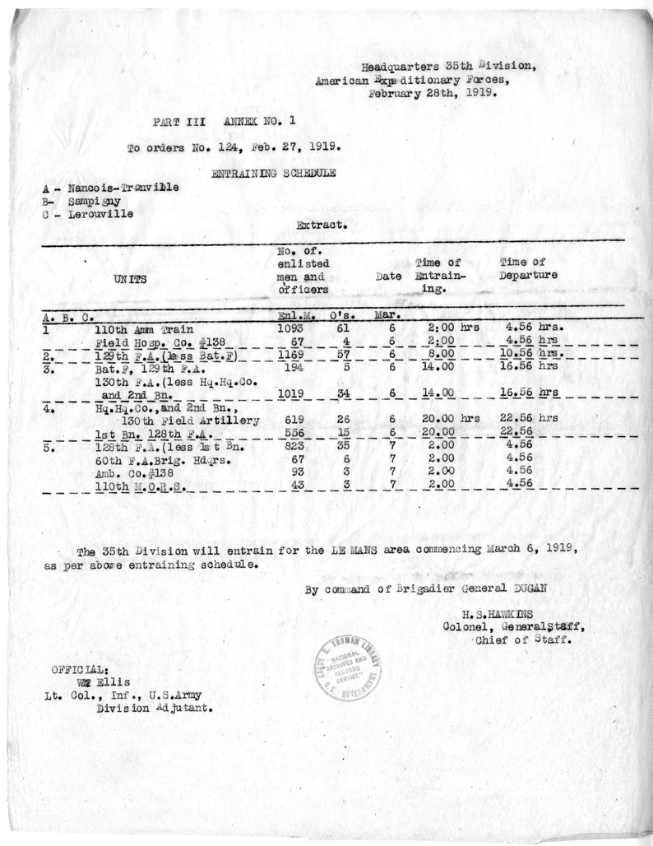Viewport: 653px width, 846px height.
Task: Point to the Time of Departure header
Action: pyautogui.click(x=527, y=268)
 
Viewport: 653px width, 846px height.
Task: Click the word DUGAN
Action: pyautogui.click(x=520, y=589)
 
